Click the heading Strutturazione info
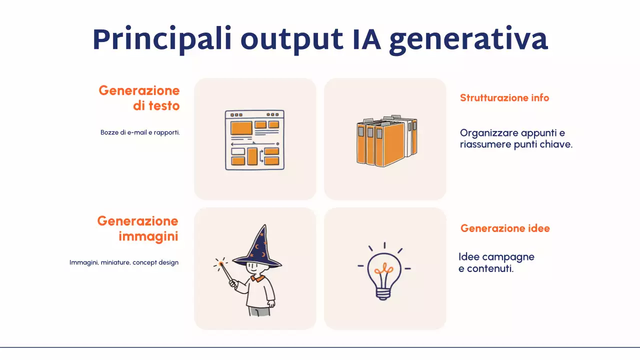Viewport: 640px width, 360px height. [x=504, y=98]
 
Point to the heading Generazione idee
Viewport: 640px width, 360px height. [x=505, y=228]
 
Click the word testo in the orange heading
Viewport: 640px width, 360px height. [x=163, y=106]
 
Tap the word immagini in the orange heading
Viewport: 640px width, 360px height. [x=148, y=236]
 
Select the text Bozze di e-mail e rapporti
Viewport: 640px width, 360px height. [x=140, y=133]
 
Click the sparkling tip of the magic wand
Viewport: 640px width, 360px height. [x=220, y=263]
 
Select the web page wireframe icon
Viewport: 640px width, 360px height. [x=254, y=140]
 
